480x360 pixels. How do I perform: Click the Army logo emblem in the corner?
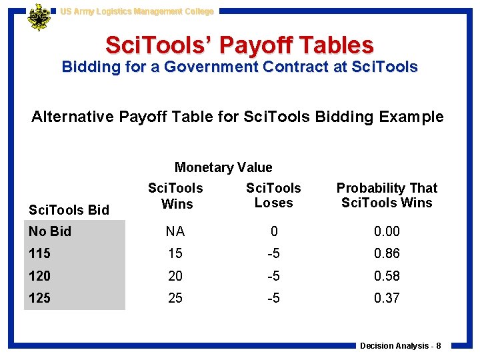(x=39, y=17)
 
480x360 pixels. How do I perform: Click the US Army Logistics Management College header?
(x=137, y=11)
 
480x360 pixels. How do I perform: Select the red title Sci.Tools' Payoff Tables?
(x=239, y=45)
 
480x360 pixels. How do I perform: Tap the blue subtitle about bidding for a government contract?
(x=239, y=67)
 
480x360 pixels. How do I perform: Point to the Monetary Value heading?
(x=223, y=167)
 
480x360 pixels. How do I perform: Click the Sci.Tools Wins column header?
(x=175, y=196)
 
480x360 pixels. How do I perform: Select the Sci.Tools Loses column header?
(x=273, y=195)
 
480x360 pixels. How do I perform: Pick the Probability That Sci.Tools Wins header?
(x=387, y=195)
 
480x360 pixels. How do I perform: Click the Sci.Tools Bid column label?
(x=69, y=210)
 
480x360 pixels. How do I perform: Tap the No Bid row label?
(x=50, y=231)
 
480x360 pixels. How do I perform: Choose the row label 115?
(x=40, y=253)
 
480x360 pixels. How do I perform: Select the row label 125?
(x=40, y=298)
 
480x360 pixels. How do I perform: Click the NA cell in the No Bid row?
(x=175, y=231)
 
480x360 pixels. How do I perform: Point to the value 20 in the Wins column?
(x=175, y=276)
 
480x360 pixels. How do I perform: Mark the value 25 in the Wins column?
(x=175, y=298)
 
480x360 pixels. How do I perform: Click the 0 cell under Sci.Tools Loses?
(x=273, y=231)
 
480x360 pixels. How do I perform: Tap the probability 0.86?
(x=387, y=253)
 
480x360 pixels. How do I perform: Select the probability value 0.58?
(x=387, y=276)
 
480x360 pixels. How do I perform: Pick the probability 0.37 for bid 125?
(x=387, y=298)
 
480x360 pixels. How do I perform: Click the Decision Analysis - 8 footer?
(x=400, y=345)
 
